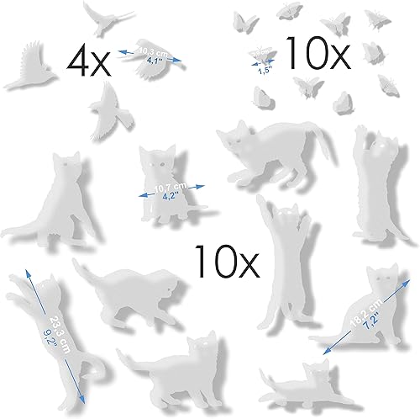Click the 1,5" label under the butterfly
(265, 70)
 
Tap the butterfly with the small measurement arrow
(265, 56)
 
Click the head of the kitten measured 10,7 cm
(157, 158)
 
